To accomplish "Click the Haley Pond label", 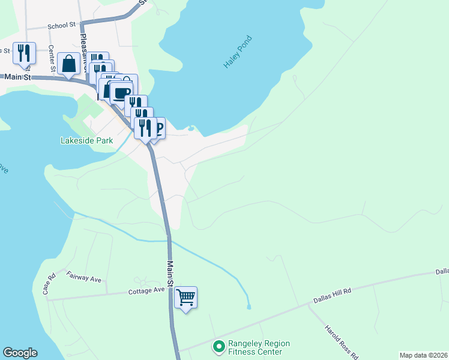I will tap(238, 52).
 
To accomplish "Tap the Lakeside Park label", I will tap(86, 141).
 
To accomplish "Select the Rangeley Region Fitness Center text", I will tap(259, 347).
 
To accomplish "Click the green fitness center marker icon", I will tap(219, 347).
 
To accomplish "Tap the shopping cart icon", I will tap(185, 296).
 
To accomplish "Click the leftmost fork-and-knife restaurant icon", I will tap(24, 53).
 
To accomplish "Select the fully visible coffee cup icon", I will tap(122, 93).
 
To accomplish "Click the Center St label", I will tap(51, 56).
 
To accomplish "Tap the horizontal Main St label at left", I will tap(17, 77).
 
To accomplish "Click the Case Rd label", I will tap(49, 284).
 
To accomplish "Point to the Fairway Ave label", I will tap(83, 277).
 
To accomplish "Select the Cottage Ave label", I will tap(146, 290).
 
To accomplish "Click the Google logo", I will tap(20, 353).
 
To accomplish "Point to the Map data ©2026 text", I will tap(423, 355).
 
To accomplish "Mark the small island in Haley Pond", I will tap(191, 128).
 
